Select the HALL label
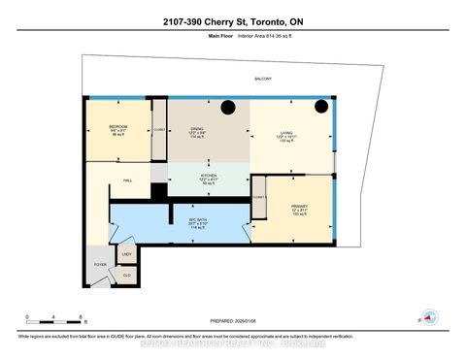click(x=126, y=179)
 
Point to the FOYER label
click(x=100, y=263)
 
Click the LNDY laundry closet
click(x=126, y=254)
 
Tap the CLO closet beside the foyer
click(x=126, y=274)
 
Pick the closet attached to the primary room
click(x=258, y=196)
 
